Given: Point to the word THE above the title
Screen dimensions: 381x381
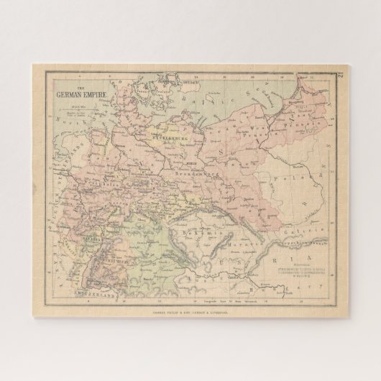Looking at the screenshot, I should (60, 84).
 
